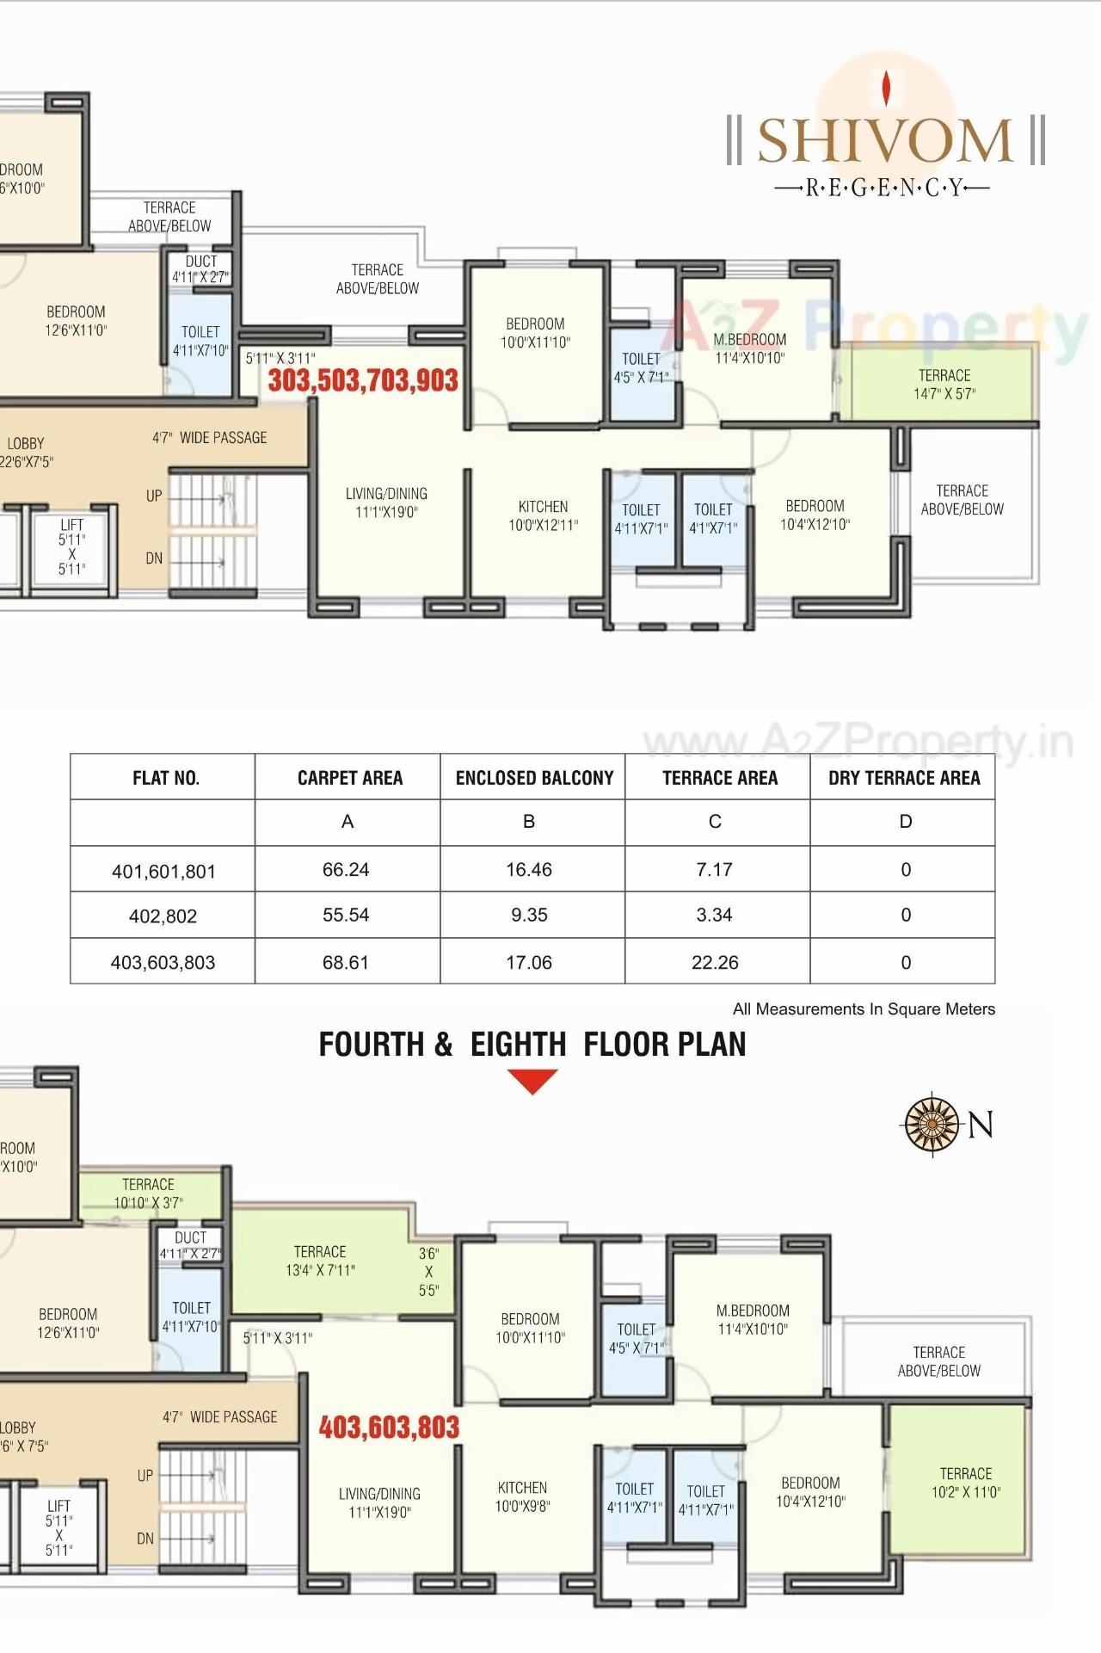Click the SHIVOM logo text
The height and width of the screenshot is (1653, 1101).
(x=885, y=142)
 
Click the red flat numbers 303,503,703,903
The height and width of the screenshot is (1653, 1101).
(x=363, y=380)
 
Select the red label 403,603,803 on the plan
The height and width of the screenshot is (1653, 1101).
(x=389, y=1428)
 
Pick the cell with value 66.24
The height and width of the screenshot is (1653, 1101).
(x=346, y=870)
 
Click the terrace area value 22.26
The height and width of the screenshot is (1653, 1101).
(x=715, y=962)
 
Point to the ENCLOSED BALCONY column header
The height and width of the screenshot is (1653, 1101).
(x=534, y=778)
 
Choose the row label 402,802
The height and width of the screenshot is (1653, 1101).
(x=163, y=916)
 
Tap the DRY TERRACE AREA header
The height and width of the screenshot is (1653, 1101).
(x=903, y=778)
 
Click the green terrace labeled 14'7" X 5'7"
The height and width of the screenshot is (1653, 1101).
(x=944, y=385)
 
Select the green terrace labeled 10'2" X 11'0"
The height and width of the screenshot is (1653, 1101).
(x=965, y=1483)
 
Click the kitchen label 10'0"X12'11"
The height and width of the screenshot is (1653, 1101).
(x=543, y=515)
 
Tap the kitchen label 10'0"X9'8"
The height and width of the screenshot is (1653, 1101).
(x=522, y=1496)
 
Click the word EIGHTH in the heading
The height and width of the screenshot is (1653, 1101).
(x=518, y=1045)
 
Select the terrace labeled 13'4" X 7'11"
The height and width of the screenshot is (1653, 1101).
(x=320, y=1261)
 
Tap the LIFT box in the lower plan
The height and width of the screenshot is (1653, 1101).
(x=59, y=1527)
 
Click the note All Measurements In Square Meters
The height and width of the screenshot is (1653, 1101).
(x=864, y=1008)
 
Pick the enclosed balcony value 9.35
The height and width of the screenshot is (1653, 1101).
(x=529, y=916)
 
